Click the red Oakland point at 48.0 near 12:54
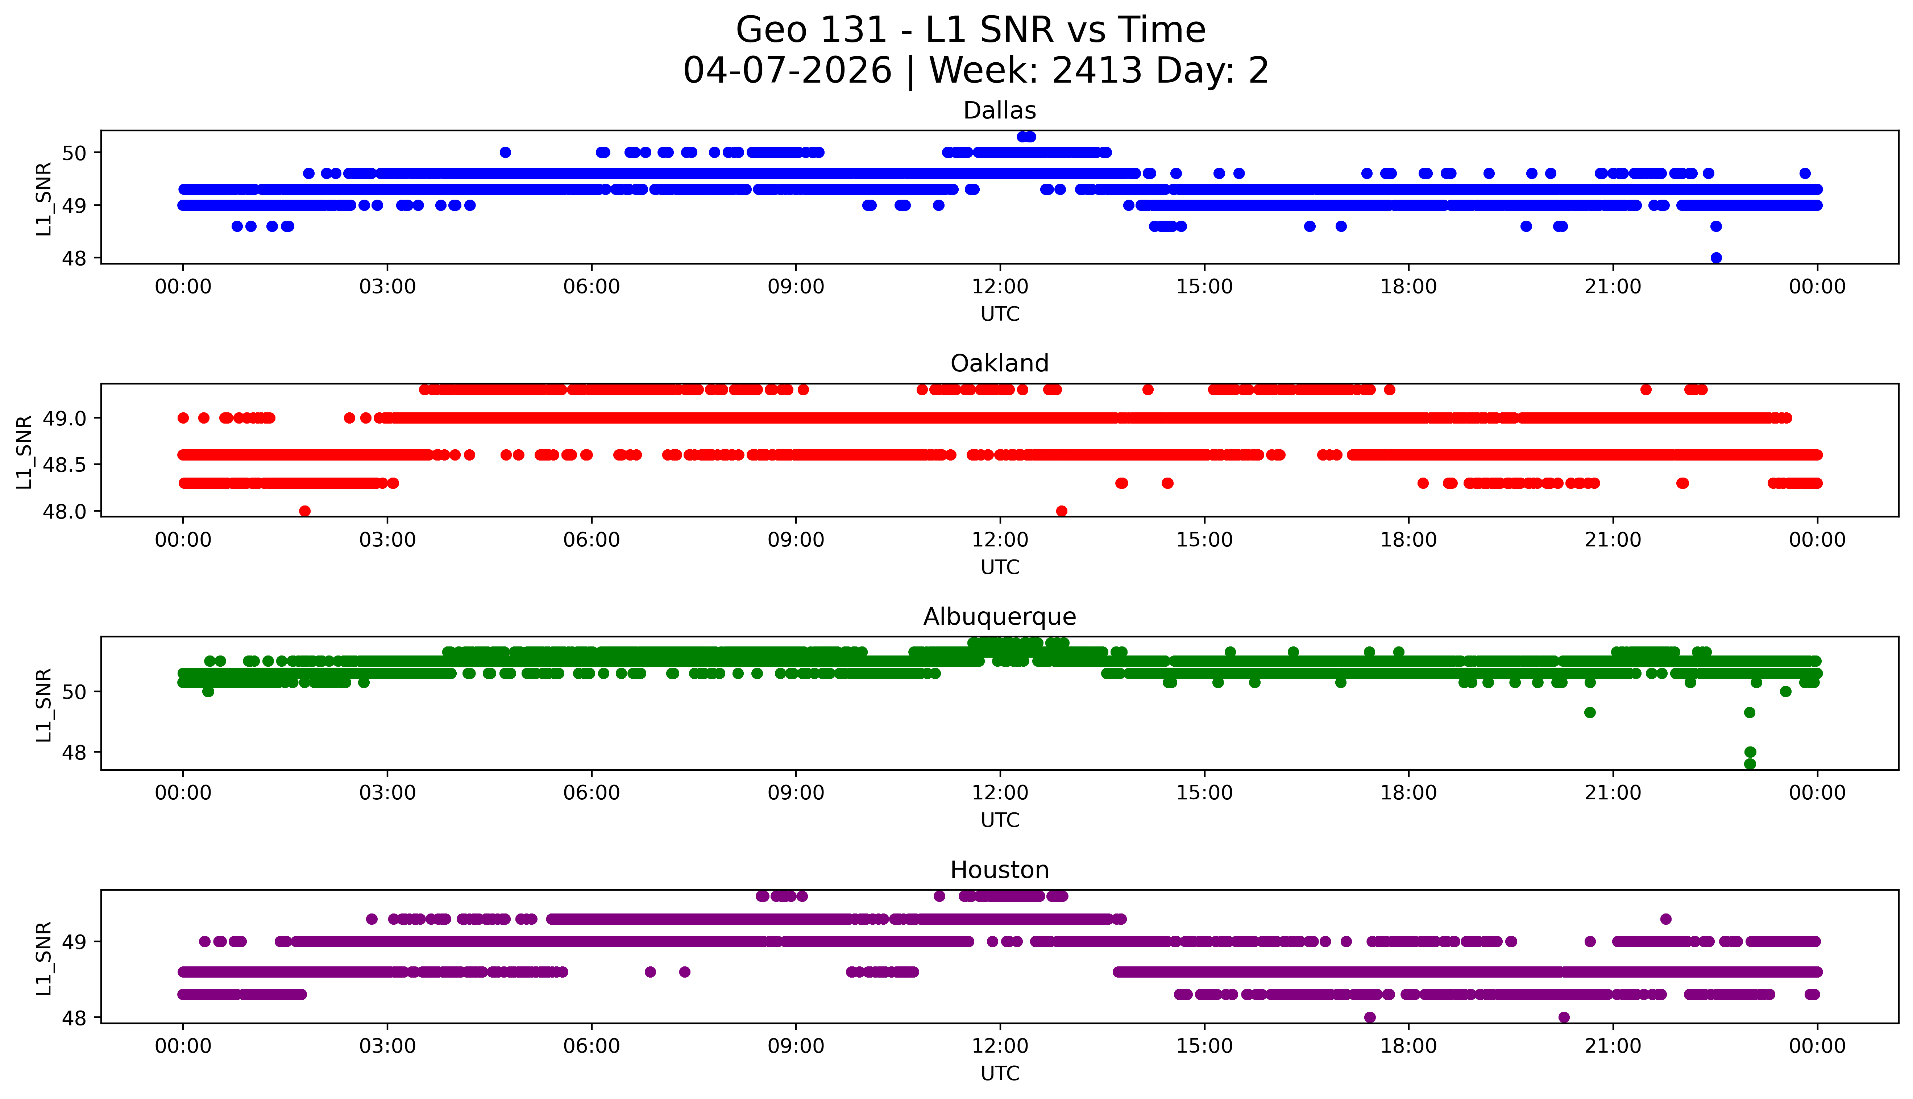(1062, 511)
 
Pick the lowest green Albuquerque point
(1750, 764)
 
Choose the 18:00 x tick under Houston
(1409, 1046)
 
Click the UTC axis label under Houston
(1000, 1073)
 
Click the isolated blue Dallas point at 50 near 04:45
(505, 153)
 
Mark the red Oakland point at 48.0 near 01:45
(305, 511)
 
